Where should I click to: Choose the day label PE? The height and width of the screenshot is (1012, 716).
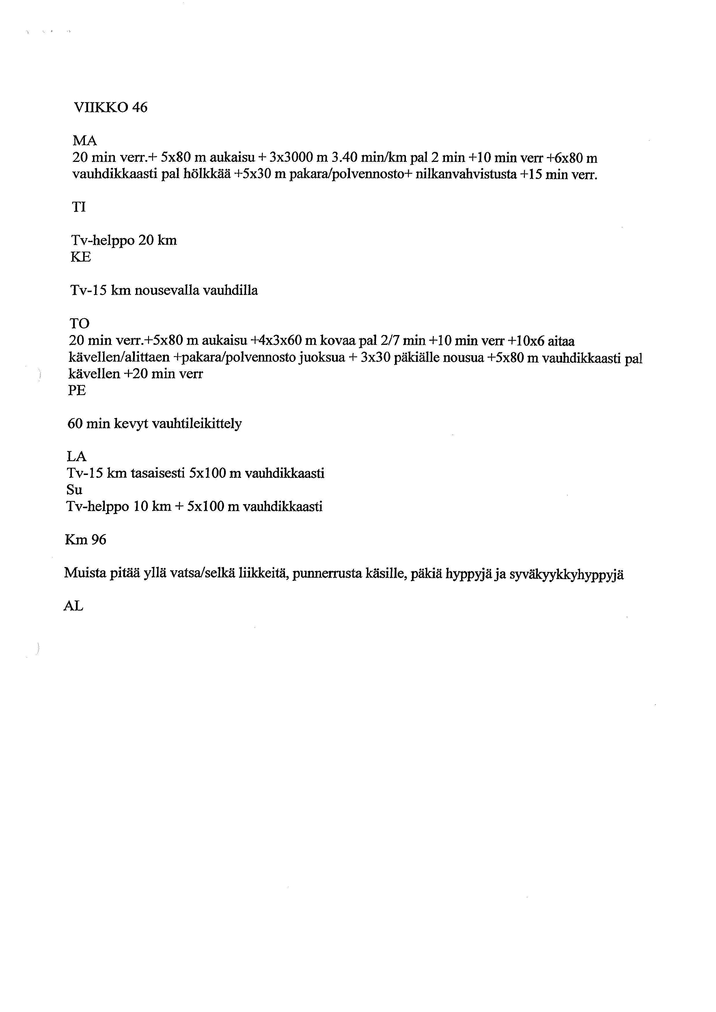(x=77, y=390)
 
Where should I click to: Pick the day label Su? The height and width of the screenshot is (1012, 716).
(x=74, y=490)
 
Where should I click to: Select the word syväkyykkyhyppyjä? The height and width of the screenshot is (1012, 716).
(x=566, y=575)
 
